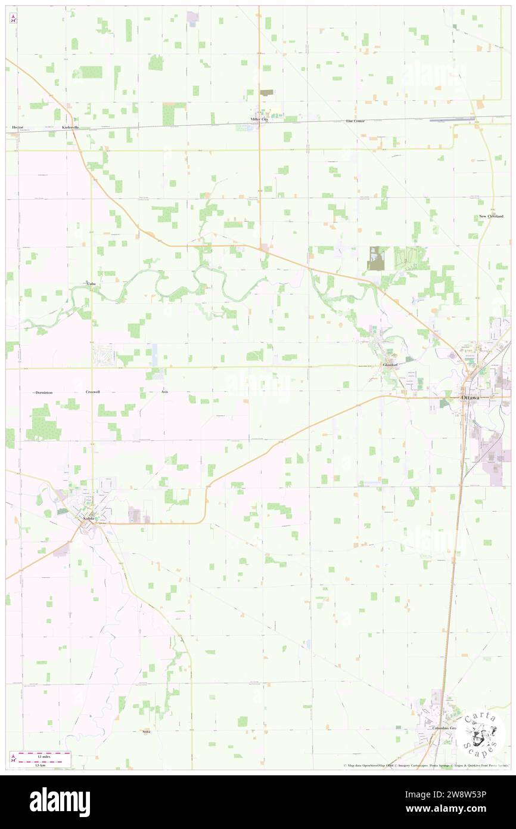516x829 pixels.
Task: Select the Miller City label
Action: tap(259, 119)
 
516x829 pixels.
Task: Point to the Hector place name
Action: tap(17, 128)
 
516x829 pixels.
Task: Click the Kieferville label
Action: tap(70, 128)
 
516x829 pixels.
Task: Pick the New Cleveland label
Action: tap(491, 216)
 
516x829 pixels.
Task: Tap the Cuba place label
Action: tap(91, 284)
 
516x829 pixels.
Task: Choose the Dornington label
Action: tap(44, 393)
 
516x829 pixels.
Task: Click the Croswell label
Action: tap(92, 393)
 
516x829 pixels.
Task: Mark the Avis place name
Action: tap(164, 393)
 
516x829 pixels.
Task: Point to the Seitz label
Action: tap(147, 731)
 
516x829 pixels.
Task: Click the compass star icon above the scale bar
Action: tap(13, 757)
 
